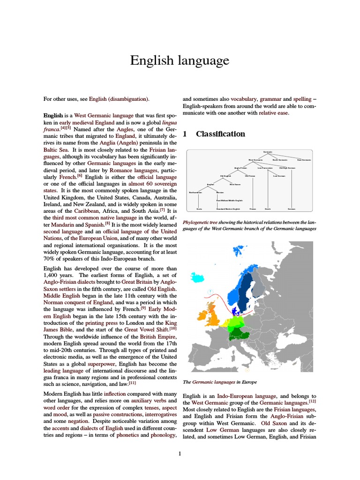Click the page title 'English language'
click(180, 60)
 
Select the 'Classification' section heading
click(220, 134)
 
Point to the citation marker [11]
click(132, 383)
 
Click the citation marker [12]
click(312, 402)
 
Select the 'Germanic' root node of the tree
click(268, 152)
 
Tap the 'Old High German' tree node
click(287, 168)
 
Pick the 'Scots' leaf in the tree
click(199, 209)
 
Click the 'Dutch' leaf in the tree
click(268, 209)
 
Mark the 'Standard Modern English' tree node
click(228, 209)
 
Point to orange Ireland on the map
click(202, 315)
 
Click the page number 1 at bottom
click(180, 454)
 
